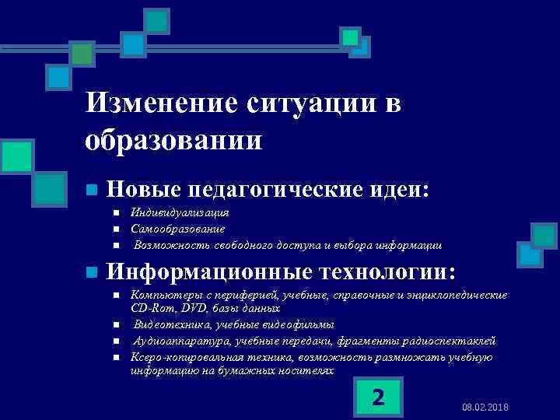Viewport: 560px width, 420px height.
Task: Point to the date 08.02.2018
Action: pyautogui.click(x=485, y=408)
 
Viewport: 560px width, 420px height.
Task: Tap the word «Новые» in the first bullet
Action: pyautogui.click(x=142, y=189)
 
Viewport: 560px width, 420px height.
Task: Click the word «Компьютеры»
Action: pyautogui.click(x=166, y=296)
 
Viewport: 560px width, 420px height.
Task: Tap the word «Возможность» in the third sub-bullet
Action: pyautogui.click(x=166, y=245)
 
